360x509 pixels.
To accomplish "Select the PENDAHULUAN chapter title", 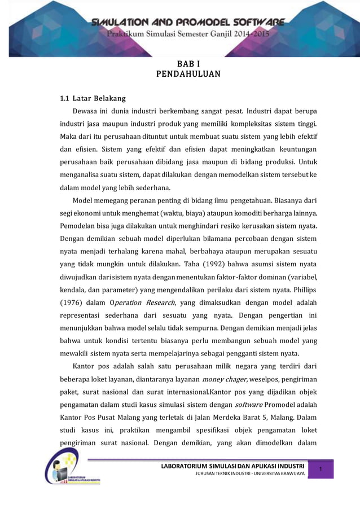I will coord(181,74).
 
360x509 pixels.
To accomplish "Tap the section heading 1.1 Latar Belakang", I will coord(93,99).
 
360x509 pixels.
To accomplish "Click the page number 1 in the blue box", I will coord(320,471).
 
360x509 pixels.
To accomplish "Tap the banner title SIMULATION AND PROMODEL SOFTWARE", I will coord(188,23).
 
